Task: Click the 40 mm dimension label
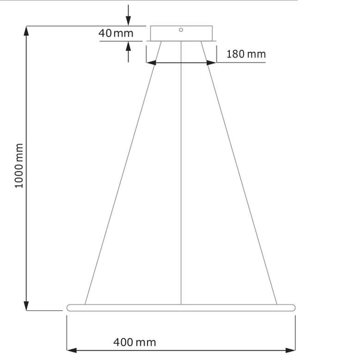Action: click(116, 33)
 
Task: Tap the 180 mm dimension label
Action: click(245, 55)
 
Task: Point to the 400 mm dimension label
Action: click(134, 343)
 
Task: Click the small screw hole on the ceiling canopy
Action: click(181, 29)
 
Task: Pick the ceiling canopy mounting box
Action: click(181, 33)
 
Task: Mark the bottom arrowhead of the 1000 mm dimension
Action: click(26, 306)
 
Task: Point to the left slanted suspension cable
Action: click(120, 180)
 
